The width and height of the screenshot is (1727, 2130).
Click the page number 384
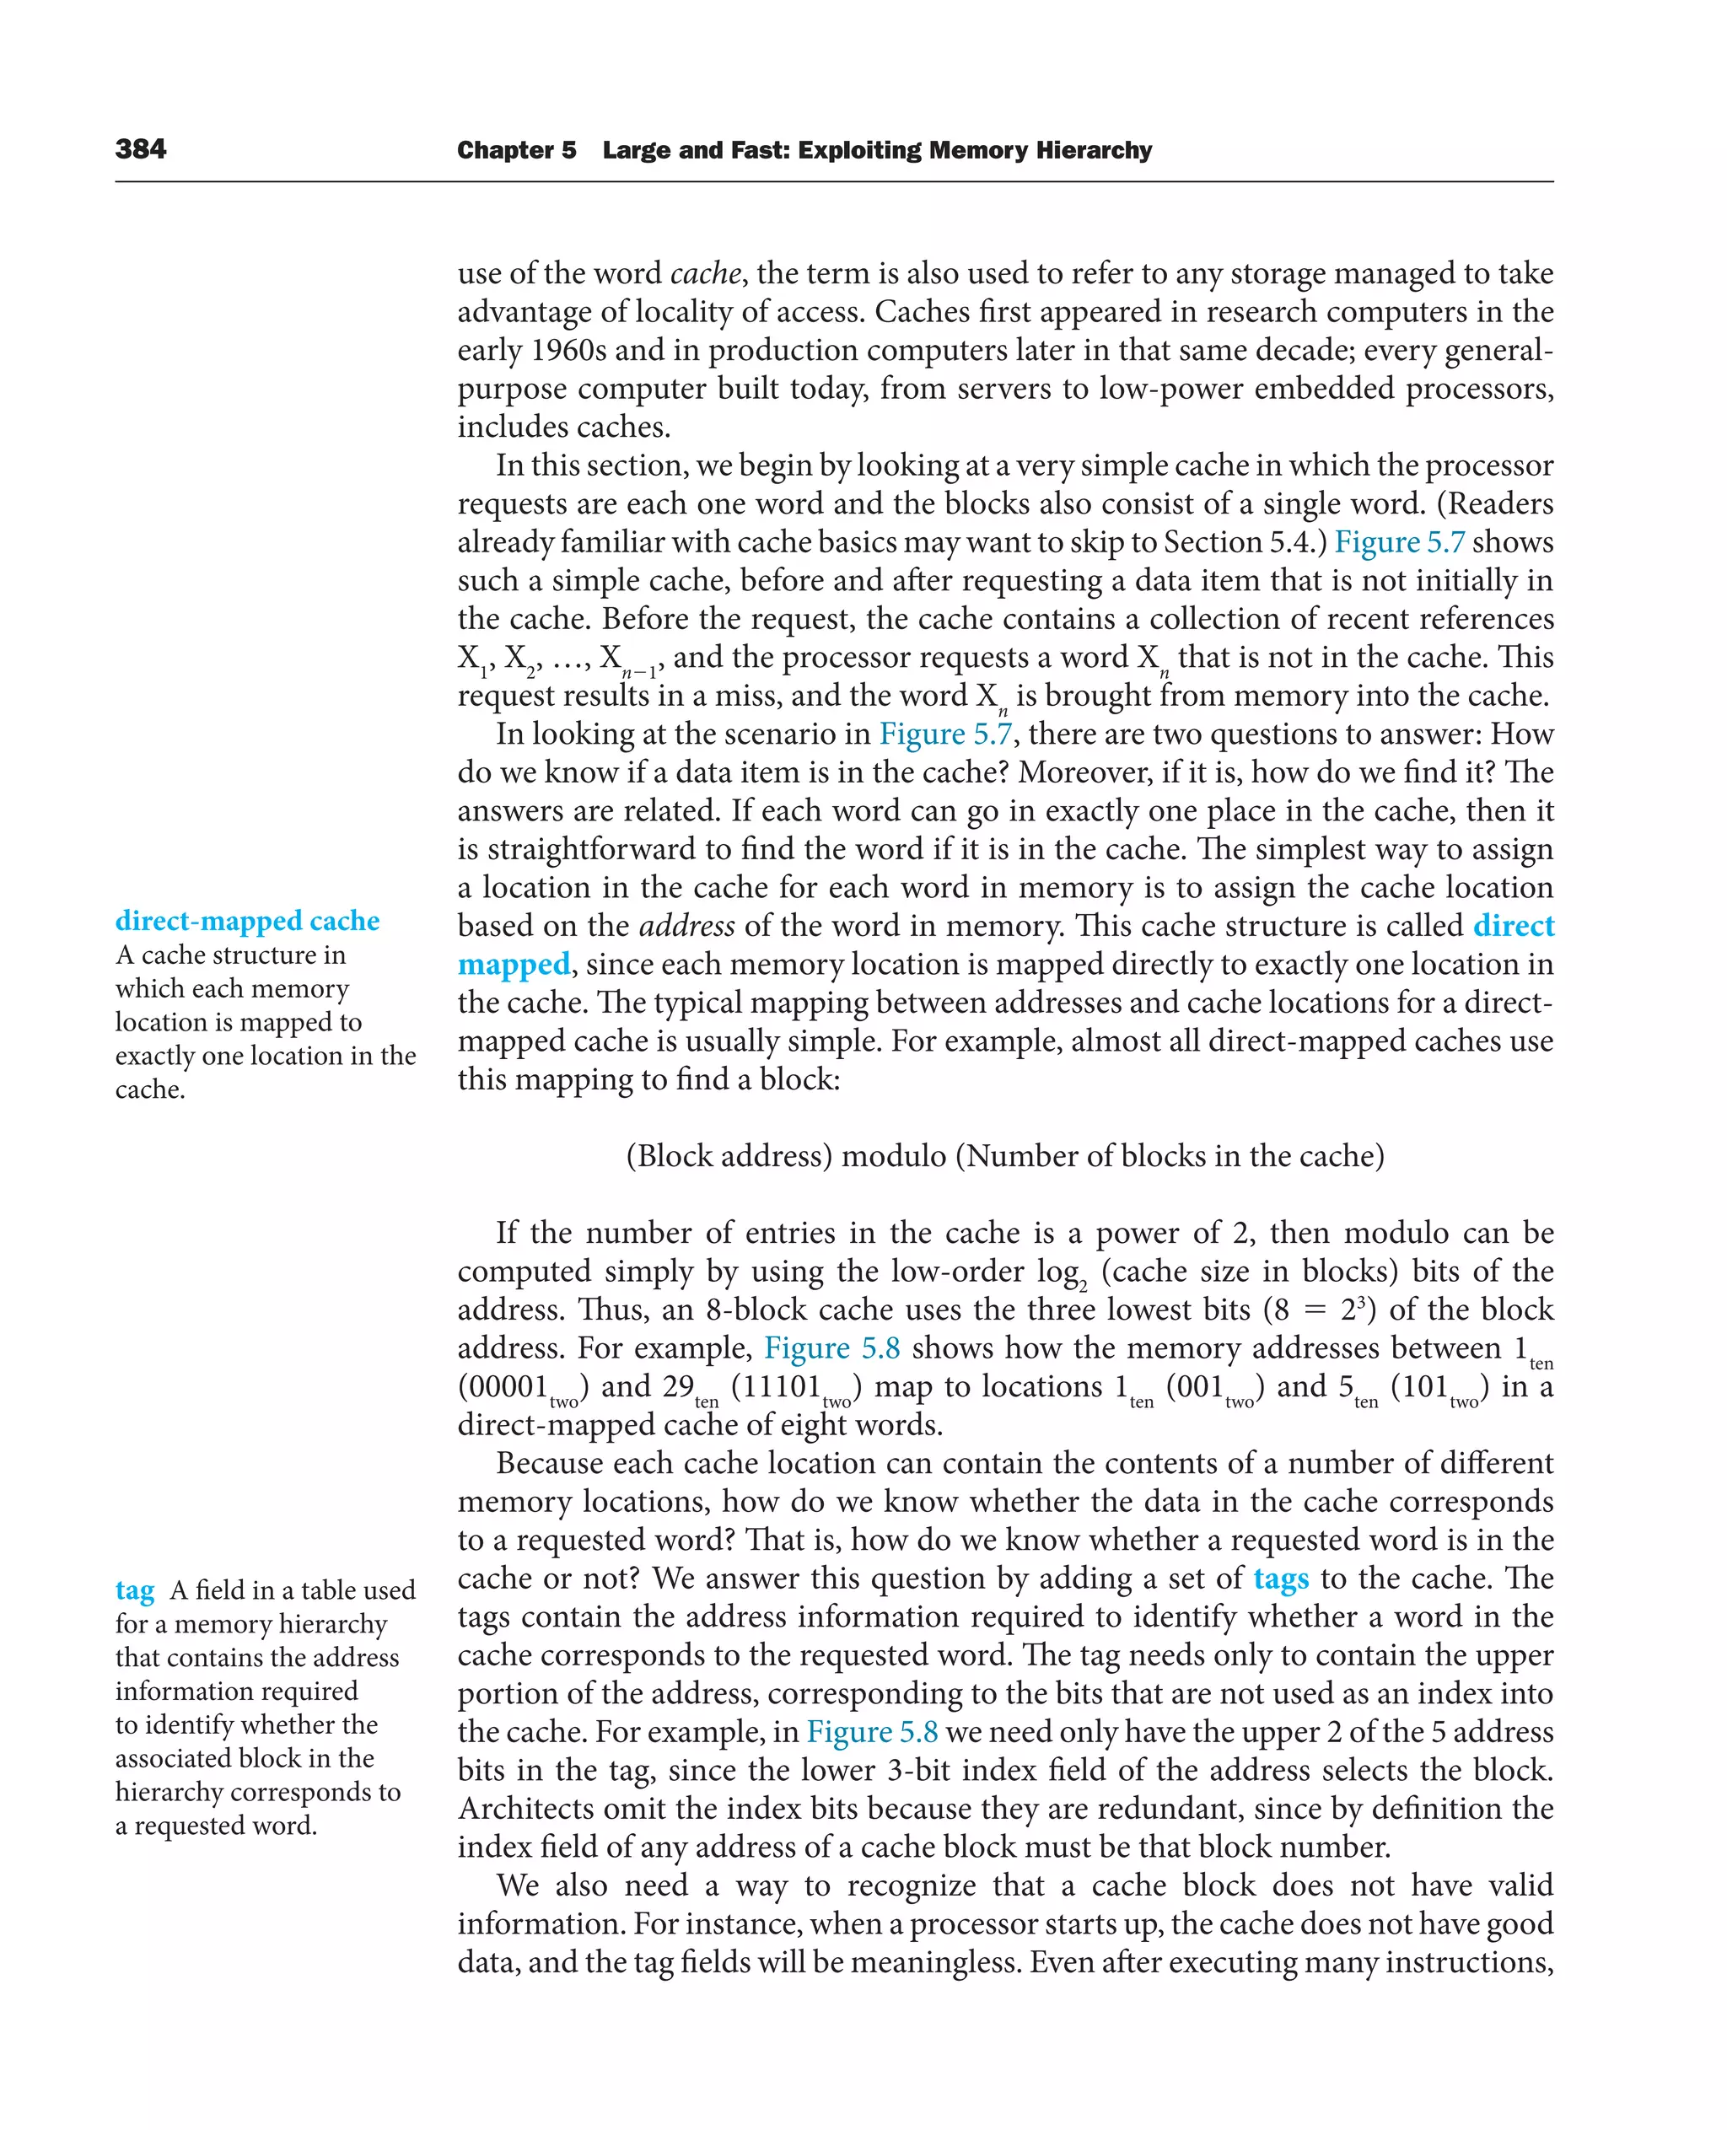pos(140,149)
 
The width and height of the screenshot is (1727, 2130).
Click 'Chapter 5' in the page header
pos(515,150)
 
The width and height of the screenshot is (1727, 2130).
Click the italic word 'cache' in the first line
pos(705,273)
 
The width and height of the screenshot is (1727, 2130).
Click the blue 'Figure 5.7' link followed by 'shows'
pos(1399,542)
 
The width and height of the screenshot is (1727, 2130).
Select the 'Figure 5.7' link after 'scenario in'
pos(945,734)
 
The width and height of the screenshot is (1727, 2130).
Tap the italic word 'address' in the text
pos(686,926)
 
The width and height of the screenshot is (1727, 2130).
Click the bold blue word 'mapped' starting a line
pos(514,964)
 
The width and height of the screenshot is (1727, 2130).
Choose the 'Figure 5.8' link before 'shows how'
pos(831,1348)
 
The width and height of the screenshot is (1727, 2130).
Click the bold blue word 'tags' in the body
pos(1280,1579)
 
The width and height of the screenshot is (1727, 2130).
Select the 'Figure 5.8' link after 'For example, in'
pos(871,1732)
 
